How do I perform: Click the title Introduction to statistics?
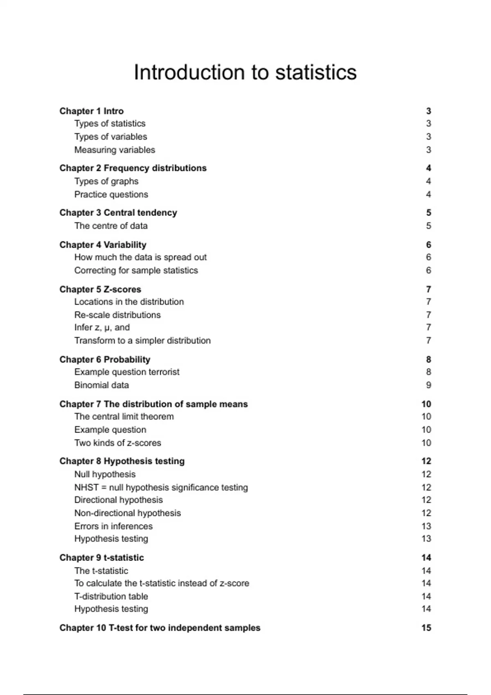[245, 72]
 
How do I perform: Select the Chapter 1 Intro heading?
[91, 111]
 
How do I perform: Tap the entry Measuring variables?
[115, 150]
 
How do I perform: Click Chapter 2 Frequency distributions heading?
[133, 168]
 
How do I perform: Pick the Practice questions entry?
[111, 195]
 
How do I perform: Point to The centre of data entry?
[111, 226]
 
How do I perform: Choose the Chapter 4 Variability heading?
[103, 245]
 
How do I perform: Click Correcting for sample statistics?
[136, 270]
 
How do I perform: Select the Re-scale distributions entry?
[117, 315]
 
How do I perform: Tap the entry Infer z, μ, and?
[102, 327]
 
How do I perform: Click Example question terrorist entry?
[127, 372]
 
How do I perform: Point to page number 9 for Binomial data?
[428, 385]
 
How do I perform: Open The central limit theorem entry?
[124, 417]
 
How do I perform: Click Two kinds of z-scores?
[117, 443]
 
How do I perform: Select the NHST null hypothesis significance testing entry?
[161, 487]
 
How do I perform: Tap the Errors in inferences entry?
[113, 526]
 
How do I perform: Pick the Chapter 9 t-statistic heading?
[101, 558]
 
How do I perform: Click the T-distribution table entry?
[111, 596]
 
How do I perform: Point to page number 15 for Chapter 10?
[426, 628]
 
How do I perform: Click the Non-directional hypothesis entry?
[127, 513]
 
